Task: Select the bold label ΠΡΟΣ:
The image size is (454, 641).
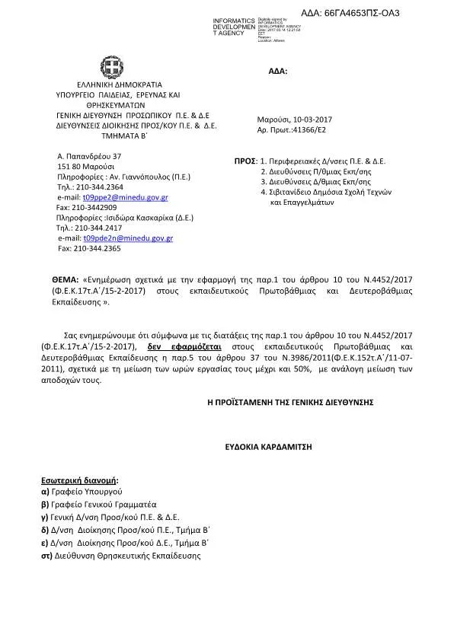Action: [x=244, y=162]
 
